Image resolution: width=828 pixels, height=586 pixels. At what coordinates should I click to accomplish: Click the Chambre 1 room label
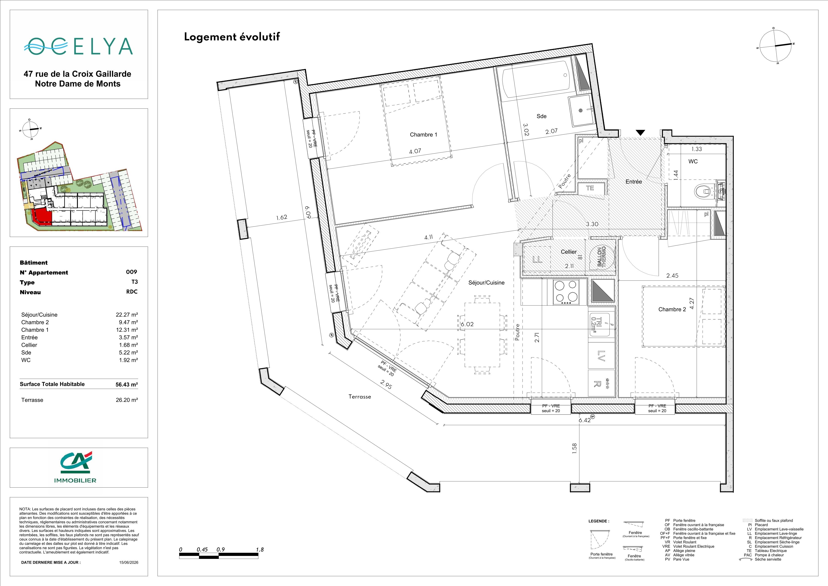pyautogui.click(x=423, y=135)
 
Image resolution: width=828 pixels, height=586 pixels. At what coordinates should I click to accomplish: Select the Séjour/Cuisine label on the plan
pyautogui.click(x=486, y=283)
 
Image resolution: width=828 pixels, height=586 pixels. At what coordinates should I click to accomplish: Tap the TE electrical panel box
pyautogui.click(x=590, y=188)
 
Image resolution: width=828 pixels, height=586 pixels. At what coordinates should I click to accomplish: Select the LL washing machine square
pyautogui.click(x=537, y=259)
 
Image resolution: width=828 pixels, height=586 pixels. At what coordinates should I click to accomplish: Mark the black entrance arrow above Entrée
pyautogui.click(x=640, y=132)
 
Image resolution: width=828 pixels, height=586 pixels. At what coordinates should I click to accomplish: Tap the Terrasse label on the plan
pyautogui.click(x=359, y=397)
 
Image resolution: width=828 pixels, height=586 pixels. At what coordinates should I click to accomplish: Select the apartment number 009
pyautogui.click(x=132, y=272)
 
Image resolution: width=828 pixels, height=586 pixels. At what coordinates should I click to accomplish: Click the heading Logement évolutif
pyautogui.click(x=232, y=37)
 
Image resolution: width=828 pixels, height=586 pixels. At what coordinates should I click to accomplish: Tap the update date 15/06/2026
pyautogui.click(x=129, y=562)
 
